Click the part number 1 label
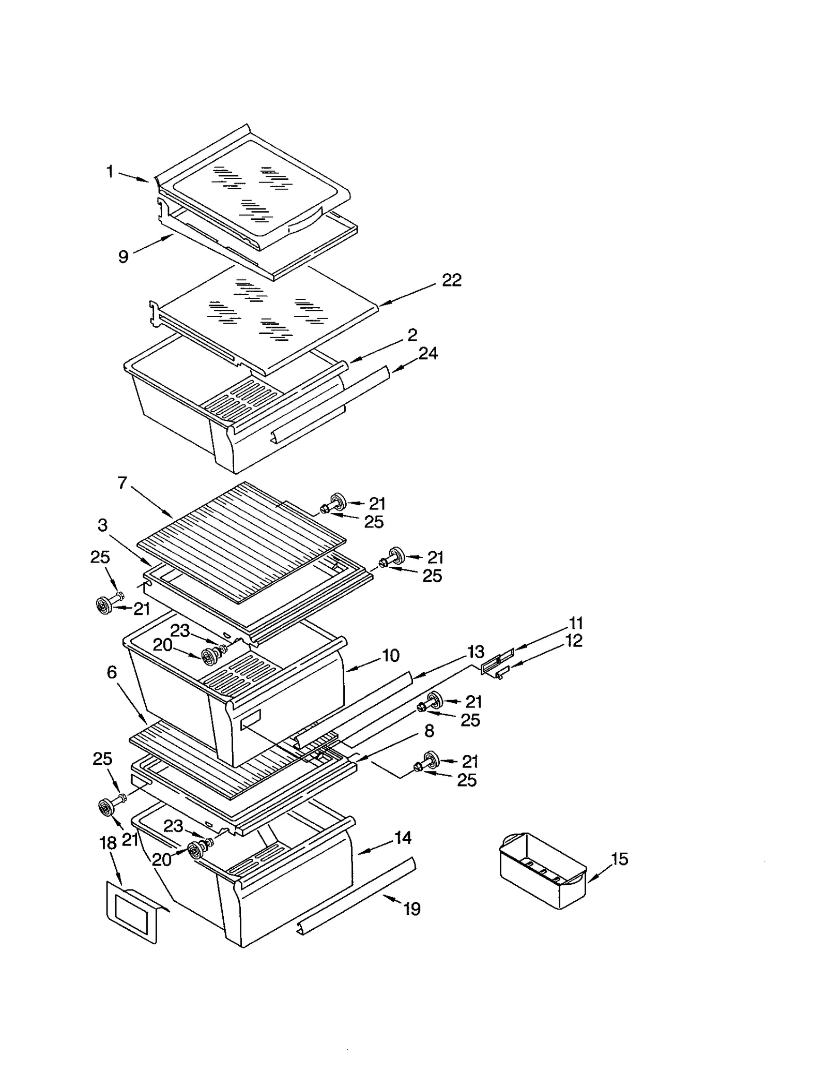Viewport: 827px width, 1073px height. pyautogui.click(x=110, y=172)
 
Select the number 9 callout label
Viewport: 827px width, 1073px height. pyautogui.click(x=123, y=256)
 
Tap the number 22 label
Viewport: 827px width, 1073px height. pyautogui.click(x=451, y=280)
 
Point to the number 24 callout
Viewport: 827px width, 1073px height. pyautogui.click(x=428, y=354)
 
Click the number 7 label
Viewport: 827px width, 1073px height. pyautogui.click(x=122, y=483)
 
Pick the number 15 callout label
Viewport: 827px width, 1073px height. pyautogui.click(x=619, y=859)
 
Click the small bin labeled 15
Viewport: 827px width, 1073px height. pyautogui.click(x=543, y=870)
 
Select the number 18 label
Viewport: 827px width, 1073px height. pyautogui.click(x=108, y=843)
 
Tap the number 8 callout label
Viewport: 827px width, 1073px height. pyautogui.click(x=429, y=731)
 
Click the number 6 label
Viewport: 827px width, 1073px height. pyautogui.click(x=112, y=672)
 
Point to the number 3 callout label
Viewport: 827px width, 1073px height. pyautogui.click(x=102, y=525)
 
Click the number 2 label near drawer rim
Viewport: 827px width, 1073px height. pyautogui.click(x=412, y=335)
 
